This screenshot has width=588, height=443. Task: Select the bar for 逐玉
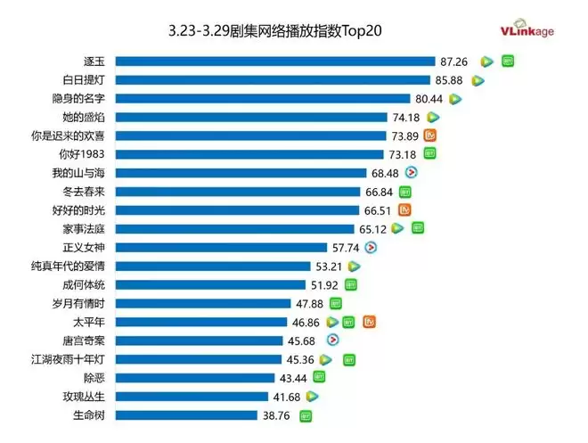(x=275, y=61)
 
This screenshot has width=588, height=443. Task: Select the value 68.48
(x=387, y=173)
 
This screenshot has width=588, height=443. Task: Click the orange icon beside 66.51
(x=405, y=210)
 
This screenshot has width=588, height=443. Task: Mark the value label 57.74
(x=345, y=247)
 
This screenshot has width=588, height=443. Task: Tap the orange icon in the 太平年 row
(x=369, y=322)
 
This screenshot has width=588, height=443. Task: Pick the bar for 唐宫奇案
(x=200, y=340)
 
